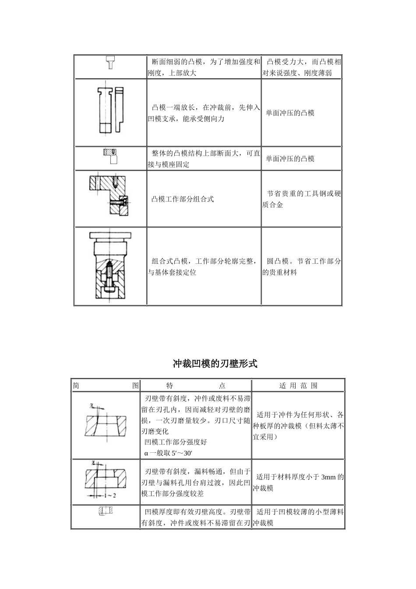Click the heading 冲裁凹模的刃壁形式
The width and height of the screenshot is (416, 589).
pyautogui.click(x=215, y=364)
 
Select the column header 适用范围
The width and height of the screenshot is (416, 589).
pyautogui.click(x=298, y=386)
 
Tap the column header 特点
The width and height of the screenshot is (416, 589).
pyautogui.click(x=196, y=386)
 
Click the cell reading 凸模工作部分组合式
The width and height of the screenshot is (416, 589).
pyautogui.click(x=183, y=199)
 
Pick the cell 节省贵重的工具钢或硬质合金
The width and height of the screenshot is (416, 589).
pyautogui.click(x=301, y=199)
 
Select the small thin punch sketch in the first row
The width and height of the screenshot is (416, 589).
pyautogui.click(x=111, y=63)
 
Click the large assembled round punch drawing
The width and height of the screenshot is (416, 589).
pyautogui.click(x=110, y=266)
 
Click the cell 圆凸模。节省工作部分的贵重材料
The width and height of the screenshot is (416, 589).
pyautogui.click(x=301, y=267)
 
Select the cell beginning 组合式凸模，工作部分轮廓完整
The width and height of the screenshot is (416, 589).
pyautogui.click(x=204, y=267)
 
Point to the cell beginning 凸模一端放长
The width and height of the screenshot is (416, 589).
pyautogui.click(x=204, y=113)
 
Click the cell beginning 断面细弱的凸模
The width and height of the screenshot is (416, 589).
pyautogui.click(x=204, y=67)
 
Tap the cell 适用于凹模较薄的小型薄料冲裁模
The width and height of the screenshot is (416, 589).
pyautogui.click(x=298, y=518)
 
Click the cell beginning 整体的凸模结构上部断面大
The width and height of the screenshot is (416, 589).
pyautogui.click(x=204, y=159)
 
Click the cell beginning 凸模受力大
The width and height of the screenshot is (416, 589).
pyautogui.click(x=301, y=67)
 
